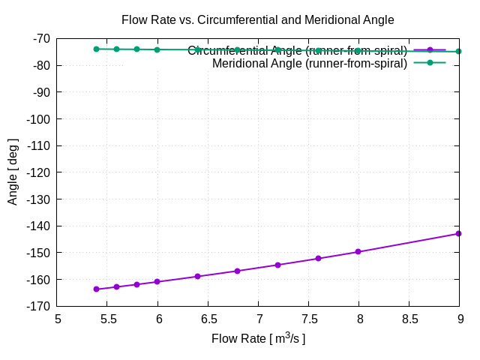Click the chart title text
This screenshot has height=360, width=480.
[x=257, y=19]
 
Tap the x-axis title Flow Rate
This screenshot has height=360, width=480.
[x=258, y=339]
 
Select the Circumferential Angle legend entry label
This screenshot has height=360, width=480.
[x=297, y=51]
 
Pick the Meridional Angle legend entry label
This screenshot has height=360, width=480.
[x=309, y=63]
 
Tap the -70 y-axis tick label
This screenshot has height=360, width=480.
[x=40, y=38]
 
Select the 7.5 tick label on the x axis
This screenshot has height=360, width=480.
[x=309, y=318]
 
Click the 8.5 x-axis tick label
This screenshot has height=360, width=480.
[x=409, y=318]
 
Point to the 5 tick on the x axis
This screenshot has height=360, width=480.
[x=58, y=318]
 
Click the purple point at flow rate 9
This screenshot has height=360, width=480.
[x=458, y=233]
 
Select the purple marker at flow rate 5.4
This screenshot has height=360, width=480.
[x=97, y=289]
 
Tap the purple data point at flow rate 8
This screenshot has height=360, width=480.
[x=358, y=251]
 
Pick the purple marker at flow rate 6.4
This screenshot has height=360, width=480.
[x=197, y=276]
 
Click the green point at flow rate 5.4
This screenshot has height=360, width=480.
[x=97, y=49]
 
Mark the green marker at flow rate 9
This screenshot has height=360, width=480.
[x=458, y=51]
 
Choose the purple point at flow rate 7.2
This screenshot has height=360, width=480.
[x=277, y=265]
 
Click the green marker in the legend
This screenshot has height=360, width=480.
[x=430, y=63]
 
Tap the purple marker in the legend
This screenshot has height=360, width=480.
[x=430, y=50]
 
